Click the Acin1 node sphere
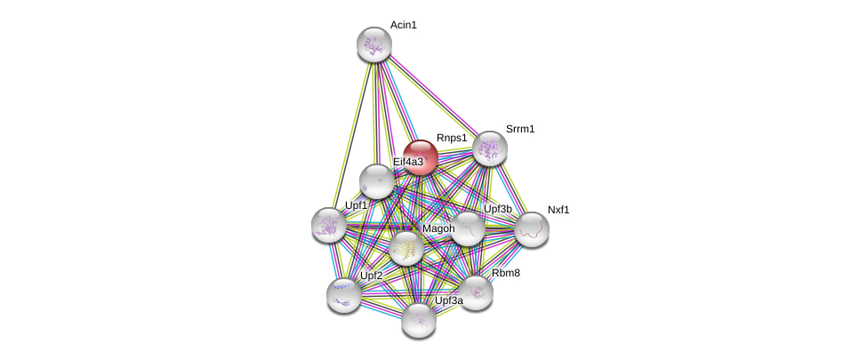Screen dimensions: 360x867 coord(374,44)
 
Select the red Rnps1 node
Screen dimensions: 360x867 coord(421,157)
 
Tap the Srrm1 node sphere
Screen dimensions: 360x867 coord(489,148)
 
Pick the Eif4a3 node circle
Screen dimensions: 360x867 coord(376,181)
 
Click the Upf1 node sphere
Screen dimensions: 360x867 coord(328,224)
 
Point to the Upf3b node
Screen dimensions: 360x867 coord(468,228)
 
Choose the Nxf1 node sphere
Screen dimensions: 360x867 coord(532,229)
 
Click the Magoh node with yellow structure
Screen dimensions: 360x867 coord(406,248)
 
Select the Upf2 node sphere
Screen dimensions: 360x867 coord(343,294)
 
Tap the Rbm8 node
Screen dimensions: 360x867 coord(476,292)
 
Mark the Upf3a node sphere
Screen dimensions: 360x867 coord(418,320)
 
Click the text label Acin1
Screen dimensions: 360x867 coord(403,25)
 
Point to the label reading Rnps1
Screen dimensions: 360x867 coord(451,138)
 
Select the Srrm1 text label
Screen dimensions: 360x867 coord(520,129)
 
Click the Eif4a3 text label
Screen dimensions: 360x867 coord(408,162)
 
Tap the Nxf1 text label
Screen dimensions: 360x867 coord(558,210)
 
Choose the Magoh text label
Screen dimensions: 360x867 coord(438,228)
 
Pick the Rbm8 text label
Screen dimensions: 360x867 coord(506,273)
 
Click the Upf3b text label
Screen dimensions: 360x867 coord(498,209)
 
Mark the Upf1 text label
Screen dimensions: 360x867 coord(357,205)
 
